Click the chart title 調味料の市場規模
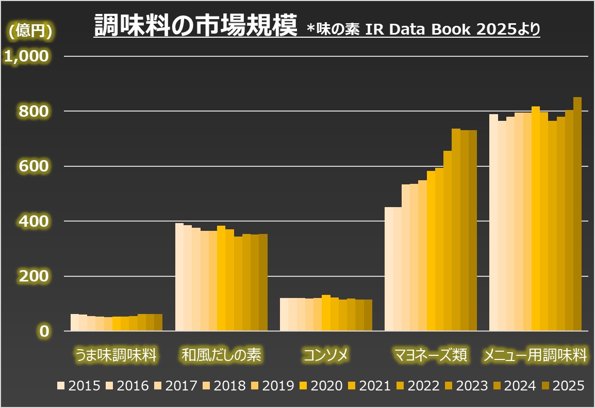tap(196, 26)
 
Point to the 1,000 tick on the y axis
tap(26, 56)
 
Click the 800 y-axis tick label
tap(34, 111)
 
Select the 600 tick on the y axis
tap(34, 166)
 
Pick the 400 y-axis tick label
tap(34, 222)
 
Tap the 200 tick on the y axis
tap(34, 276)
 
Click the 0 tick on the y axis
tap(43, 331)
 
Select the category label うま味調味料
tap(116, 355)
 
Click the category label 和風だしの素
tap(222, 355)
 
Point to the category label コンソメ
tap(326, 355)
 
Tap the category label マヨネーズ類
tap(431, 355)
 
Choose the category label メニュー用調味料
tap(535, 355)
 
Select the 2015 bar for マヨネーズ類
tap(389, 269)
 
